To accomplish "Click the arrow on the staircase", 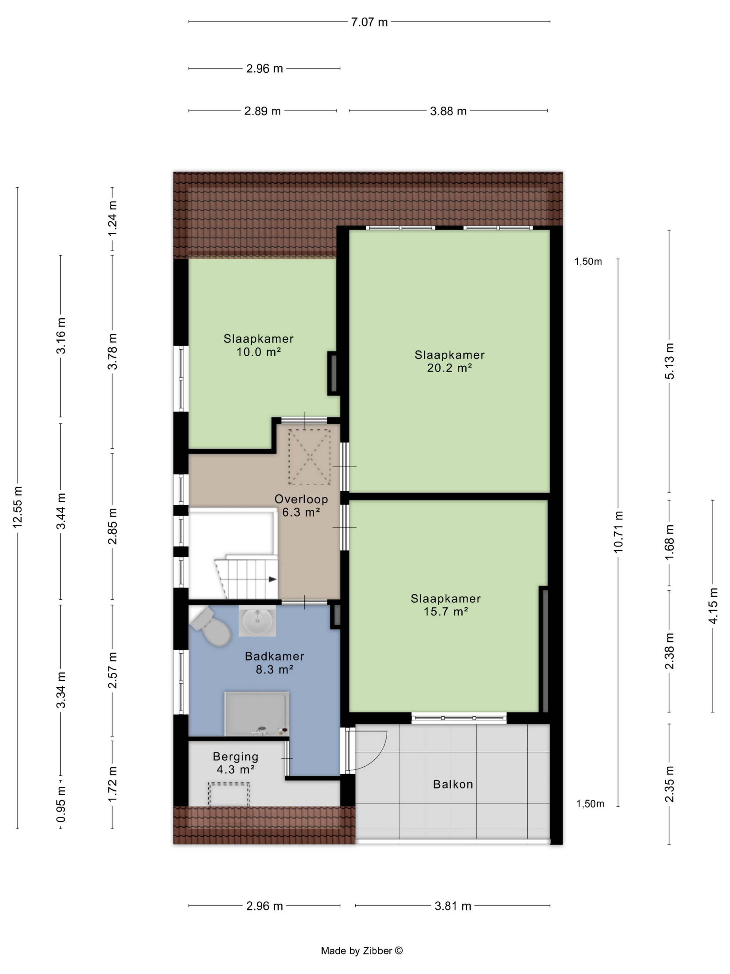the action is (x=273, y=579).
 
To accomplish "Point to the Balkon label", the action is (x=453, y=784).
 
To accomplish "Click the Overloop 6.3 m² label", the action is (x=301, y=505).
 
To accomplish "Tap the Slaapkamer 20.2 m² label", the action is (x=449, y=361).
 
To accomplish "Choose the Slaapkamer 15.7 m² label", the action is (x=445, y=605).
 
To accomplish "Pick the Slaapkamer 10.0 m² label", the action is (x=258, y=345).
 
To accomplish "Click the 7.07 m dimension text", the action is (x=369, y=22).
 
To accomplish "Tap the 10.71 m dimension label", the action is (x=618, y=532).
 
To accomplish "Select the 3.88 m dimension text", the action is (x=448, y=111).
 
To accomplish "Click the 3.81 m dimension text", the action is (x=453, y=906).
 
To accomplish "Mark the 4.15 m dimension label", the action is (x=713, y=606).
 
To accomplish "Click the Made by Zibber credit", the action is (x=362, y=951).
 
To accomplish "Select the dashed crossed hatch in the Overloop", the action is (x=309, y=457).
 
